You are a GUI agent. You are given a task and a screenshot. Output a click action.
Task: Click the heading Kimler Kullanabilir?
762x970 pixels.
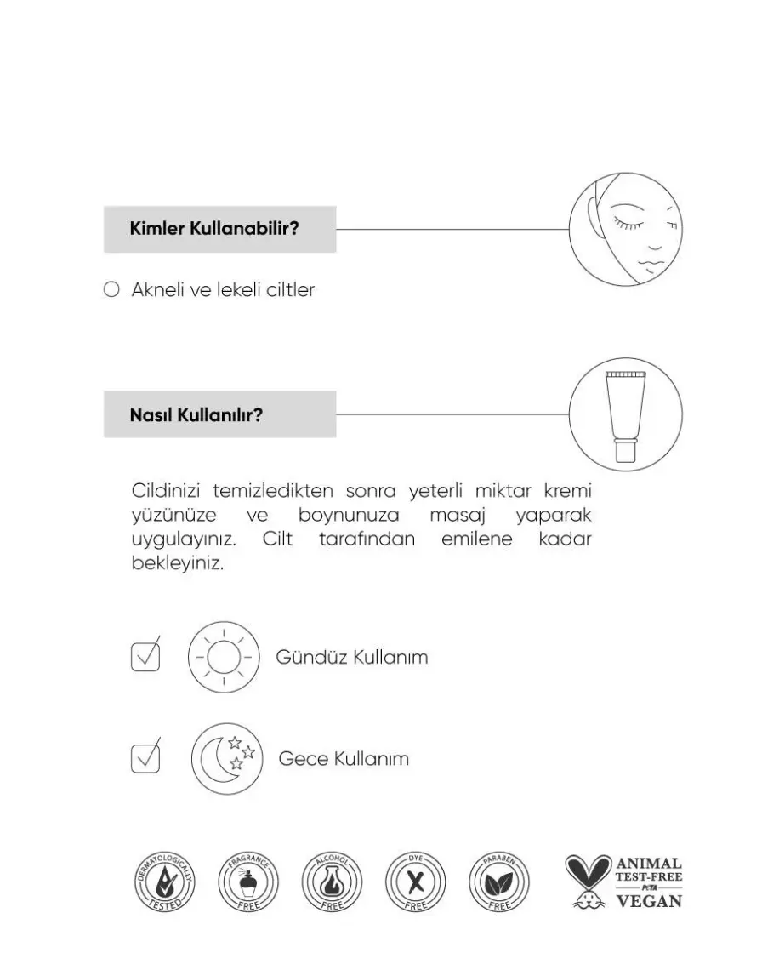click(213, 229)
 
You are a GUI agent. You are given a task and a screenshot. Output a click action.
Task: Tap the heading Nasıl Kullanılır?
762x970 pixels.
click(196, 415)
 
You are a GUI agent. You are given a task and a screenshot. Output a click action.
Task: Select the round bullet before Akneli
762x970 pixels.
click(111, 290)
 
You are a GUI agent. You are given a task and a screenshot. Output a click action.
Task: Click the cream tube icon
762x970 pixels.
click(625, 415)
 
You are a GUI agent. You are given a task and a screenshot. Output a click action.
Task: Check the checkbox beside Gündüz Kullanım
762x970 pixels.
click(145, 655)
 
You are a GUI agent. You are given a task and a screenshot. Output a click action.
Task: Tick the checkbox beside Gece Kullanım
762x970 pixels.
click(145, 756)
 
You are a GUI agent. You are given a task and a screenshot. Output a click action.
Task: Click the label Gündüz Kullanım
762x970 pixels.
click(351, 658)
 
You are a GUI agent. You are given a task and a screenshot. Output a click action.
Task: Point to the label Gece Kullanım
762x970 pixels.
click(344, 758)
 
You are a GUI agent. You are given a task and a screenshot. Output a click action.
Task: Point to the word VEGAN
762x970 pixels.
click(648, 901)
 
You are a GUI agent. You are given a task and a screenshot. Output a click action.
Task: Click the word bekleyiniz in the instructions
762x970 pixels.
click(177, 563)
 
